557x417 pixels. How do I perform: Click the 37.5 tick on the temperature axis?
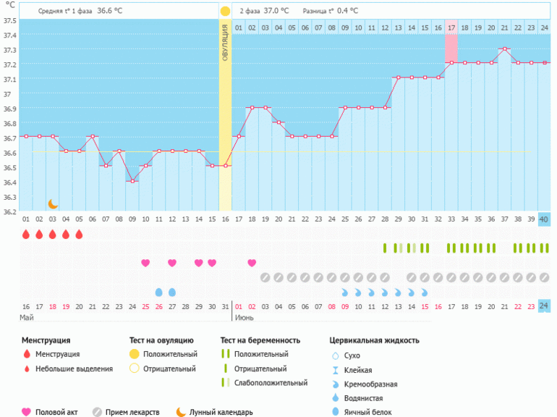[x=10, y=20]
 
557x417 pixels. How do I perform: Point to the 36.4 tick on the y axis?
[x=10, y=182]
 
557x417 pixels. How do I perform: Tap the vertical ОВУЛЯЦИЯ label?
[x=225, y=43]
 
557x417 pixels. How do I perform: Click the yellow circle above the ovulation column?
[x=225, y=12]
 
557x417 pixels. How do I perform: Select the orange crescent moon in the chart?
[x=52, y=204]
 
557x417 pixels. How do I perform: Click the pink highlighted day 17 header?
[x=451, y=28]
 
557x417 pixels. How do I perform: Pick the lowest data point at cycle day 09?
[x=132, y=181]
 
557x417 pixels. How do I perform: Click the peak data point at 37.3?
[x=504, y=49]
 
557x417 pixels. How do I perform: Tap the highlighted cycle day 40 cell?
[x=544, y=219]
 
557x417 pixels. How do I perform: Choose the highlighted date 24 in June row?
[x=544, y=306]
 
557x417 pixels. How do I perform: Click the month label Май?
[x=27, y=318]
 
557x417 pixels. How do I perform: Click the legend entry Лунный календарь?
[x=221, y=412]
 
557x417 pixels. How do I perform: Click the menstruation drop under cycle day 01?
[x=26, y=235]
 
